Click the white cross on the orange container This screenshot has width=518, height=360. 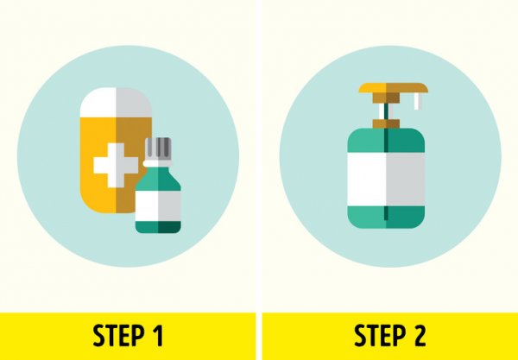pyautogui.click(x=116, y=165)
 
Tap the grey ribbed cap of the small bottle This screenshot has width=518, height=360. pyautogui.click(x=158, y=148)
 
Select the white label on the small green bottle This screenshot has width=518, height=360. pyautogui.click(x=158, y=205)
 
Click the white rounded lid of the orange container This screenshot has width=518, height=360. pyautogui.click(x=116, y=103)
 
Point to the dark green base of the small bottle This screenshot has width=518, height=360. pyautogui.click(x=158, y=227)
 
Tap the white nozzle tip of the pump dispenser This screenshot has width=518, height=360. pyautogui.click(x=417, y=101)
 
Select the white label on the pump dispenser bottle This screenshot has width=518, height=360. pyautogui.click(x=386, y=179)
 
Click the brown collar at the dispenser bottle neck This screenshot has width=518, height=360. pyautogui.click(x=386, y=123)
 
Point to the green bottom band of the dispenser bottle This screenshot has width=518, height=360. pyautogui.click(x=386, y=217)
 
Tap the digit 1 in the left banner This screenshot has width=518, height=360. pyautogui.click(x=158, y=336)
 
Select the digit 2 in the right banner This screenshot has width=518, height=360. pyautogui.click(x=419, y=336)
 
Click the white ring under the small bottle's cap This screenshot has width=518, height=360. pyautogui.click(x=158, y=163)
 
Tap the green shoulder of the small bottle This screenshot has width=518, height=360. pyautogui.click(x=158, y=179)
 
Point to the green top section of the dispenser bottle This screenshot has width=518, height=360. pyautogui.click(x=386, y=141)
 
